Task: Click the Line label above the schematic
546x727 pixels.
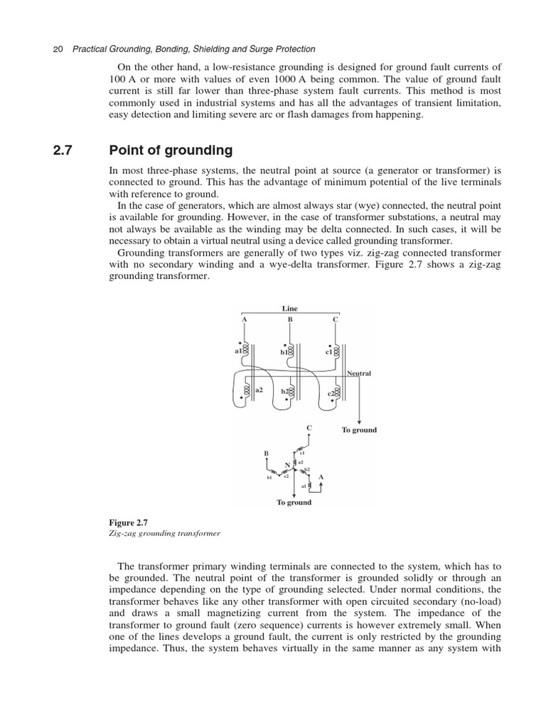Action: coord(289,309)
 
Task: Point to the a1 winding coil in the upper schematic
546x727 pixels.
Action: coord(245,350)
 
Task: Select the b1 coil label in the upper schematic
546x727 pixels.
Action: coord(283,351)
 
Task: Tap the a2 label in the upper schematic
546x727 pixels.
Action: coord(259,390)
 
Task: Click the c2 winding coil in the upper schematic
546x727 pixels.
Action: coord(337,391)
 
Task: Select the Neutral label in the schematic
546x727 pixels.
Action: coord(359,373)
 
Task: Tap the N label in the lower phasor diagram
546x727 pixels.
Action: coord(287,465)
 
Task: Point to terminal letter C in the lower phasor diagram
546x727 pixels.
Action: coord(309,428)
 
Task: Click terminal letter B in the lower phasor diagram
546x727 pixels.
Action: coord(266,452)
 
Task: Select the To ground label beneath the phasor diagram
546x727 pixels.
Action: coord(294,503)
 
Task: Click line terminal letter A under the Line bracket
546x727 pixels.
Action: coord(244,319)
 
